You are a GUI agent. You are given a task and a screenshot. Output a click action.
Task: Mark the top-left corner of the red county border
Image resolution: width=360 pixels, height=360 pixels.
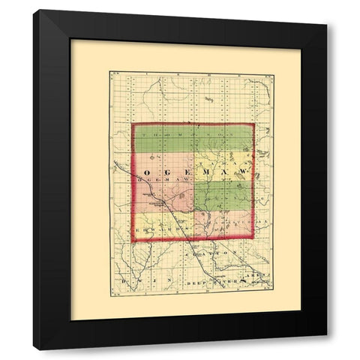point(133,124)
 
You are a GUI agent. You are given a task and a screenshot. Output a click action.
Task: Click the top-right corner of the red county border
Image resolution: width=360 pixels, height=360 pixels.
point(253,124)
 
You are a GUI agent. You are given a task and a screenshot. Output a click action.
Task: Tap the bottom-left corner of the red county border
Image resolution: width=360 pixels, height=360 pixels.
point(133,241)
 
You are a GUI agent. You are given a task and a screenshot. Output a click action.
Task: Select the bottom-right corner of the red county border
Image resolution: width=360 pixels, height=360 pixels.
point(253,241)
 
